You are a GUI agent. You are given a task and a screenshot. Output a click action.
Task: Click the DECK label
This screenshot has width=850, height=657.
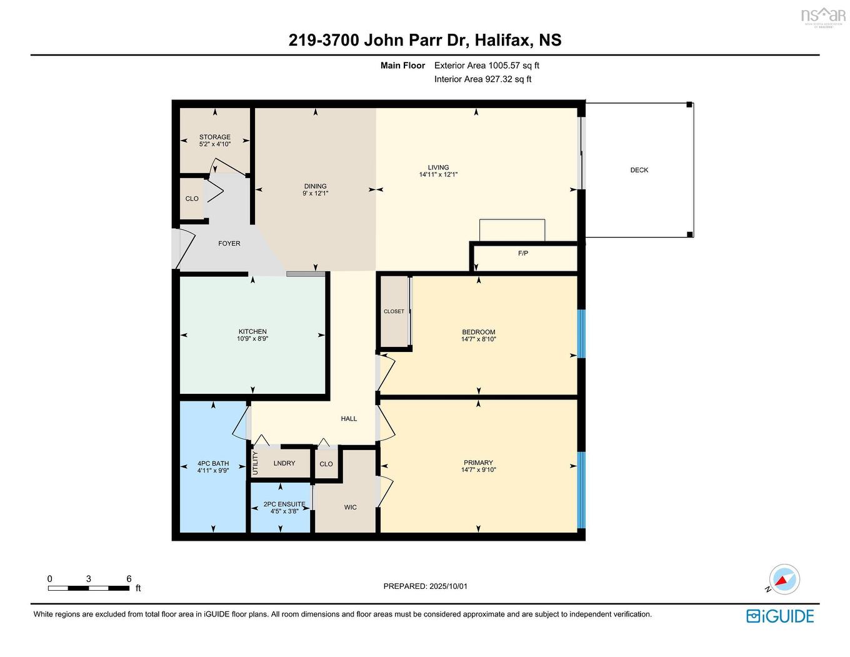click(x=639, y=170)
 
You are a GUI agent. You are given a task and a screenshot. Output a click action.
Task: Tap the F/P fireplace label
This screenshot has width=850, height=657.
click(x=522, y=253)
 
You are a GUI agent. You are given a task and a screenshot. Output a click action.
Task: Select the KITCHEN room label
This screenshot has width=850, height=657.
click(x=252, y=331)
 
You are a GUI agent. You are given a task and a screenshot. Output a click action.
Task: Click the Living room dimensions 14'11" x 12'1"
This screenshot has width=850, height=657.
click(x=438, y=175)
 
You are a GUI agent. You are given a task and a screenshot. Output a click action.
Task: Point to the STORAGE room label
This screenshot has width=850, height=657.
click(x=214, y=137)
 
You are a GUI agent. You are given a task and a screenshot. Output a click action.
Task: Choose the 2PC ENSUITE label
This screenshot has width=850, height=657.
click(x=284, y=504)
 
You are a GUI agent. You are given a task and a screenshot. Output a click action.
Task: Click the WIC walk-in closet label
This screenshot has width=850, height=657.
click(x=350, y=507)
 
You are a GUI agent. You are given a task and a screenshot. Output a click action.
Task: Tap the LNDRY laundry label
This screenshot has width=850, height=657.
click(x=284, y=463)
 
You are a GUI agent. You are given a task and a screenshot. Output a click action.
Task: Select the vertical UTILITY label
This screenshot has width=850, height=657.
click(x=255, y=463)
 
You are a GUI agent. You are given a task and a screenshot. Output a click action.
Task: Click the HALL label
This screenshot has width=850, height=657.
click(x=349, y=419)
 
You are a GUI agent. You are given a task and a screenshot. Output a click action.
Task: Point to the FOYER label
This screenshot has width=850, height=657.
click(x=229, y=243)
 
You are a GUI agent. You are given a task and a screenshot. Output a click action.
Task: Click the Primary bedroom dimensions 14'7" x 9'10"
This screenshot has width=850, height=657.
click(x=478, y=470)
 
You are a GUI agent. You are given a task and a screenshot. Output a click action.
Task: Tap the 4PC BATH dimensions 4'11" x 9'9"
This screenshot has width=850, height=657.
click(x=213, y=471)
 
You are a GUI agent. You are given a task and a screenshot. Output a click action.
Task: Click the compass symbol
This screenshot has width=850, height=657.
click(x=784, y=579)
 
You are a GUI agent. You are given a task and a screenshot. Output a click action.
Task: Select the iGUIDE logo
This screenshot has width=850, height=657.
click(x=780, y=616)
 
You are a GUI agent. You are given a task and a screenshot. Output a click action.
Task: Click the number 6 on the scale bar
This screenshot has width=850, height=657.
click(x=129, y=579)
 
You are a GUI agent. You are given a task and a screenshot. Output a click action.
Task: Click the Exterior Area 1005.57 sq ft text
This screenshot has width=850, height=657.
click(x=486, y=65)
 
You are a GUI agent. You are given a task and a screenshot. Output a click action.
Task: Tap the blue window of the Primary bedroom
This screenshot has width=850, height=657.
click(x=581, y=489)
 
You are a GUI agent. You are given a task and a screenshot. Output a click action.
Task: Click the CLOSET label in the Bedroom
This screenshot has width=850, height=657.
click(x=394, y=311)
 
